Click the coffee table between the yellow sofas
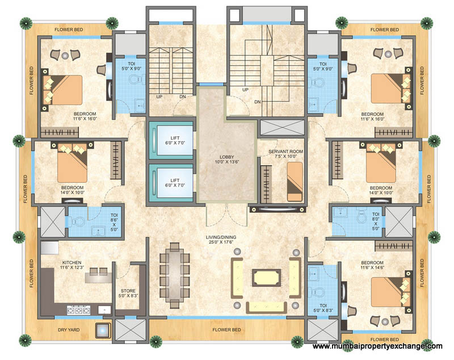[x=265, y=279]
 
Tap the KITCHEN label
[x=73, y=265]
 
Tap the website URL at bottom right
[x=377, y=346]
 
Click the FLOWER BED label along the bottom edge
[x=227, y=329]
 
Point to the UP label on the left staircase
[x=160, y=97]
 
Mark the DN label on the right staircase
[x=257, y=102]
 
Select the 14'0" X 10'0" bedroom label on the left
[x=73, y=190]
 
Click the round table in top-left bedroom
[x=65, y=55]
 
